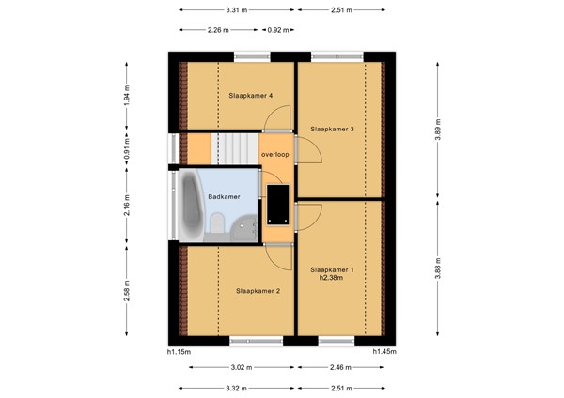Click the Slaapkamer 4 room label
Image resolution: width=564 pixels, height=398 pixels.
(250, 96)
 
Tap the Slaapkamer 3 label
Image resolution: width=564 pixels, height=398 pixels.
(333, 129)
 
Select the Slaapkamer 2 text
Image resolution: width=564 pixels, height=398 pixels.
(258, 291)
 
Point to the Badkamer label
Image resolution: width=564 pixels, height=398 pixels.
(224, 197)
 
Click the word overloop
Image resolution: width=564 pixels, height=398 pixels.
(275, 155)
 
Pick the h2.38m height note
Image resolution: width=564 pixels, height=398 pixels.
(331, 278)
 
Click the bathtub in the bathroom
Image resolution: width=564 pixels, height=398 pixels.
(191, 206)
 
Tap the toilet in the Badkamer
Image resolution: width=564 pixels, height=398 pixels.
(217, 223)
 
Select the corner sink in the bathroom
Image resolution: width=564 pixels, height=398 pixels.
(244, 228)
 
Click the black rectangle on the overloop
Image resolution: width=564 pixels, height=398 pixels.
(278, 205)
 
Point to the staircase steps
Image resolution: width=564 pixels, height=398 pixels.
(234, 148)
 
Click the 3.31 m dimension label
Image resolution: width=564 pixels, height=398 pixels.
(237, 10)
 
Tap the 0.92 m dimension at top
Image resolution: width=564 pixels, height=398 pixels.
(277, 30)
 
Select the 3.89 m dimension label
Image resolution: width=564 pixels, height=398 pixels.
(438, 130)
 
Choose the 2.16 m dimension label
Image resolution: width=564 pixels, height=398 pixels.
(127, 206)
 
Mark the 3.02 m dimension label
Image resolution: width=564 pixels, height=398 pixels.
(242, 367)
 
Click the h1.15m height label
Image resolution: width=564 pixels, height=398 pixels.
(179, 352)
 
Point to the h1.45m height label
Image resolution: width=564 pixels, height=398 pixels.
(384, 352)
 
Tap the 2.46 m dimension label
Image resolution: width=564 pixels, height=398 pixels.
(340, 367)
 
